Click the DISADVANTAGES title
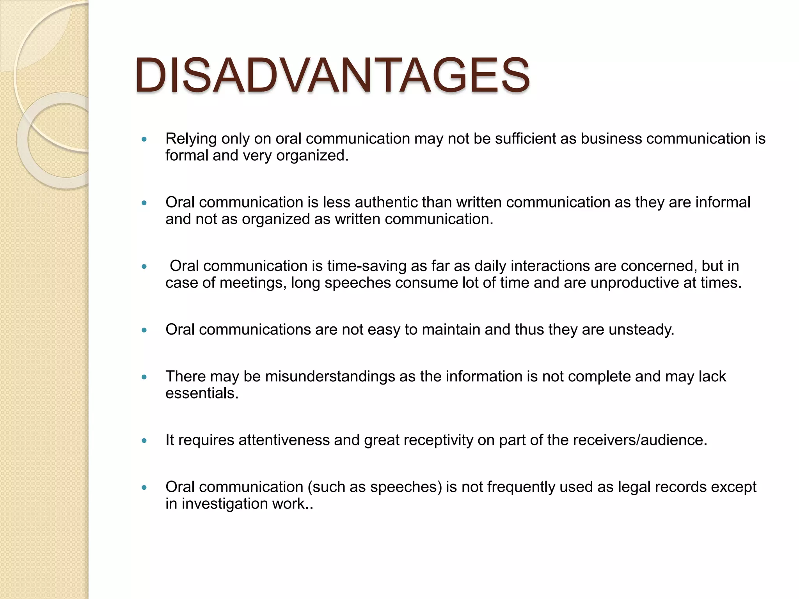tap(332, 75)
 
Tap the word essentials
tap(202, 393)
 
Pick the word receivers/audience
tap(640, 440)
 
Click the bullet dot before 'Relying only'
tap(144, 139)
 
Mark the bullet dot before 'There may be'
tap(144, 377)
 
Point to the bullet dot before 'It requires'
tap(144, 441)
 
